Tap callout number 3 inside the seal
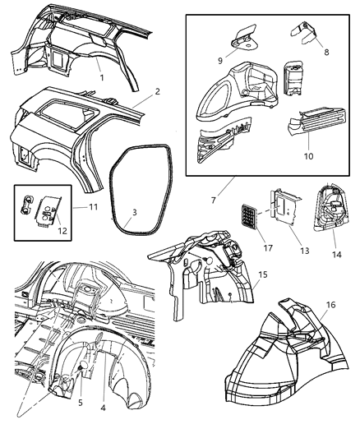pyautogui.click(x=134, y=212)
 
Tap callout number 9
pyautogui.click(x=221, y=59)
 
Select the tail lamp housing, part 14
pyautogui.click(x=332, y=215)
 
